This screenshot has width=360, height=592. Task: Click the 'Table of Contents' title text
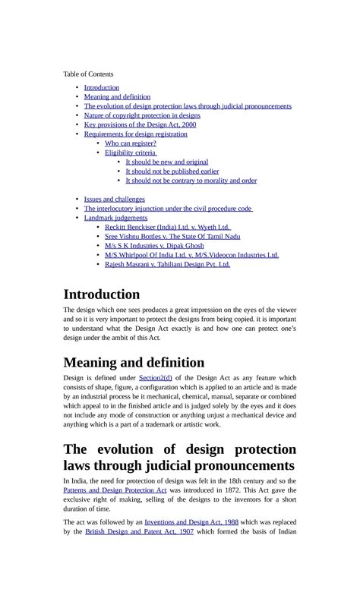[x=88, y=74]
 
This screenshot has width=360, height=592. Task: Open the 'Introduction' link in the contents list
[x=101, y=87]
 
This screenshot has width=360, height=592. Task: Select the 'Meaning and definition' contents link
[x=117, y=97]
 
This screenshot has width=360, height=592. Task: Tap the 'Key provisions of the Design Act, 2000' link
[x=140, y=124]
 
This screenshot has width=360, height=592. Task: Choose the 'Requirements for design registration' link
[x=135, y=134]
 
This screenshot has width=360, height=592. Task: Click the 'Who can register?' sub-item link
[x=131, y=143]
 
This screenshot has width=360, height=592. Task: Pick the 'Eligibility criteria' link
[x=130, y=153]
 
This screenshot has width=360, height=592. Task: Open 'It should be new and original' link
[x=166, y=162]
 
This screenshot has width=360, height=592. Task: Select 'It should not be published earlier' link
[x=172, y=172]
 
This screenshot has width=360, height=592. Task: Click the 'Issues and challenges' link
[x=114, y=199]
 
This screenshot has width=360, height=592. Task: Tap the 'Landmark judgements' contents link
[x=115, y=218]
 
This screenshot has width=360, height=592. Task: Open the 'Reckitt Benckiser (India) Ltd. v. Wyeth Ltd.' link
[x=167, y=227]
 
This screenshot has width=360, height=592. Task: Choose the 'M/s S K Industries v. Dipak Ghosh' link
[x=154, y=246]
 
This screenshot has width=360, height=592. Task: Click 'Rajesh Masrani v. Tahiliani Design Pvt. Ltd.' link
[x=167, y=264]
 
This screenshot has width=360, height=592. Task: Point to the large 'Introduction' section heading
[x=102, y=294]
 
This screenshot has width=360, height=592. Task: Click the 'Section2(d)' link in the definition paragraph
[x=156, y=377]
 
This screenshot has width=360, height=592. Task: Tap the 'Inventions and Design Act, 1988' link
[x=187, y=522]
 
